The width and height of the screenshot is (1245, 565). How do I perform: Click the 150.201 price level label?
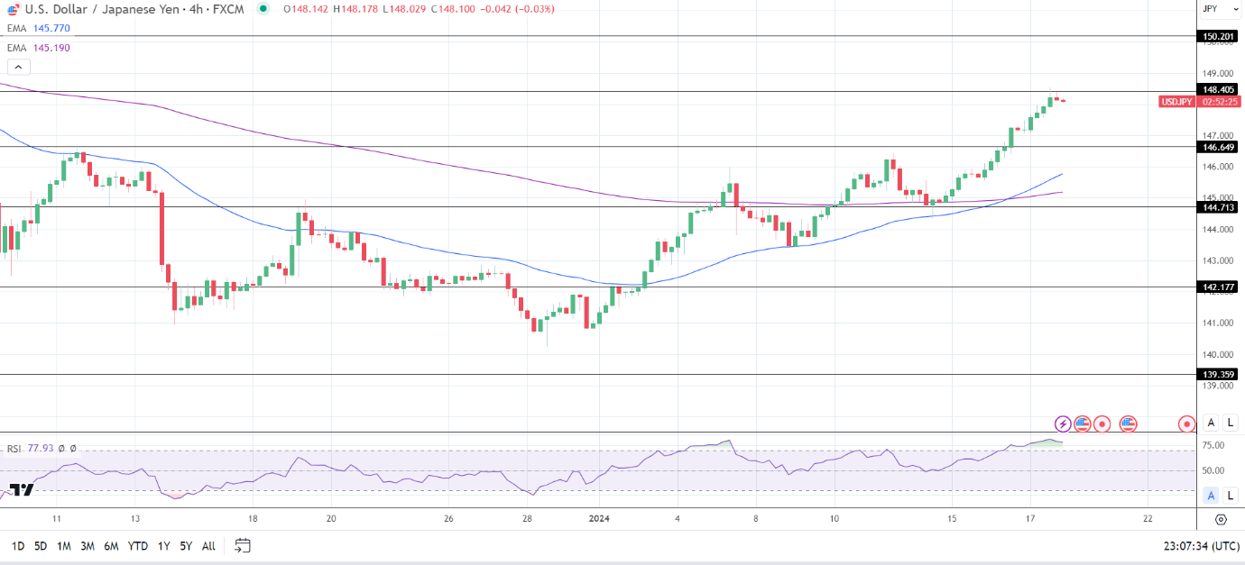click(x=1218, y=36)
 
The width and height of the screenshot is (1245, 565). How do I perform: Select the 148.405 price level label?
click(x=1218, y=89)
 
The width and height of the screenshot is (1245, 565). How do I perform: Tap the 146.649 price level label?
click(x=1218, y=146)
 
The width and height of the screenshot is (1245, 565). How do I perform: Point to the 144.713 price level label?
click(x=1218, y=206)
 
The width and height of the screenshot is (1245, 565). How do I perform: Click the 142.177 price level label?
click(x=1218, y=287)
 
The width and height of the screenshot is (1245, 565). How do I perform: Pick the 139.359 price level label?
click(x=1218, y=374)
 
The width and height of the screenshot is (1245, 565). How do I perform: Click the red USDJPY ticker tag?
click(x=1176, y=102)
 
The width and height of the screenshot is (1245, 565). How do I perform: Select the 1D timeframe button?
click(x=17, y=546)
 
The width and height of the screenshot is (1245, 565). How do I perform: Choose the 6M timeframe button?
click(x=111, y=546)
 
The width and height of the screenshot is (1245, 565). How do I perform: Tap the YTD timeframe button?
click(x=138, y=546)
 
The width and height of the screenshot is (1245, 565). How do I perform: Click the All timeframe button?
click(x=208, y=546)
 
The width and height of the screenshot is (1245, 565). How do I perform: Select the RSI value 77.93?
click(x=41, y=448)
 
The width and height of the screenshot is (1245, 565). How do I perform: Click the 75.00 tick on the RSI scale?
click(x=1213, y=445)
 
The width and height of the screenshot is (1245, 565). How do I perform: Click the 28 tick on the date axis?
click(x=528, y=519)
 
